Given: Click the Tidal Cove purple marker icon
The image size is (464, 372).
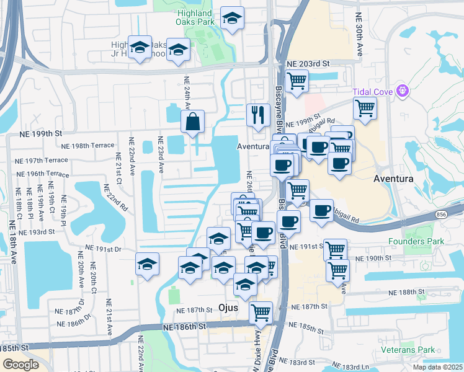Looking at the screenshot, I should click(404, 91).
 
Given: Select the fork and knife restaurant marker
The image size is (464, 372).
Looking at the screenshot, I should click(257, 115).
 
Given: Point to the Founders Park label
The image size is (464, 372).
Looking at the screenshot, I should click(413, 241).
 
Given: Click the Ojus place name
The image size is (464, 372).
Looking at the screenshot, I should click(233, 308).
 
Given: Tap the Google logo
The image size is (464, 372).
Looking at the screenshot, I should click(20, 365).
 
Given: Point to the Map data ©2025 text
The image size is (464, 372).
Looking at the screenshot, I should click(438, 367).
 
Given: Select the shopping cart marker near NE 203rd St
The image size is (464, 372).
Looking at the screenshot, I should click(297, 81).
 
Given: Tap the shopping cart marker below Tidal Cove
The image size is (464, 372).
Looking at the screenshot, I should click(365, 108).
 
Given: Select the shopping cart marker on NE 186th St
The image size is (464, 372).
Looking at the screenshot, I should click(261, 312).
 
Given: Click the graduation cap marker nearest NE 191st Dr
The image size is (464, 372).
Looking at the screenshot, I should click(148, 265).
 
